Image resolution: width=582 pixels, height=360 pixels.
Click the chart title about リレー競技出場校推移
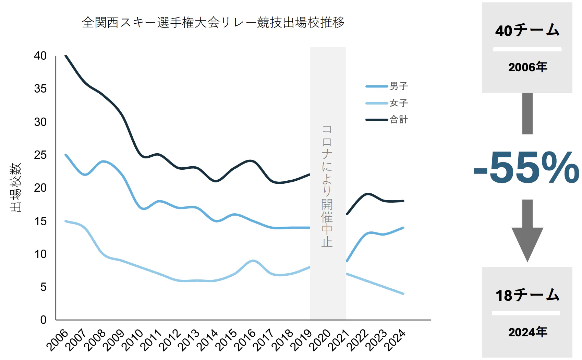tap(213, 23)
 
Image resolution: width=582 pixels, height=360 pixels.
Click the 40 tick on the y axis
tap(40, 56)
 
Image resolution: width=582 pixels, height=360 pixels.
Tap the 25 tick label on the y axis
tap(40, 155)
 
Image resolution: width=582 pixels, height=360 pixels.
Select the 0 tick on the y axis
tap(43, 320)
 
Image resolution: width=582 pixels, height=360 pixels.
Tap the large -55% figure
tap(526, 168)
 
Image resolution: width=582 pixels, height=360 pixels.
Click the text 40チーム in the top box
tap(527, 31)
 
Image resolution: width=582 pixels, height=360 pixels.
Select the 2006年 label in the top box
tap(528, 67)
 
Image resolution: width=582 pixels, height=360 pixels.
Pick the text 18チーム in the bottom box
tap(527, 295)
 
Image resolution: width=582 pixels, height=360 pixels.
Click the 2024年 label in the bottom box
tap(528, 332)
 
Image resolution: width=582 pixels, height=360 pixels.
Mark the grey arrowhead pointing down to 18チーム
tap(527, 244)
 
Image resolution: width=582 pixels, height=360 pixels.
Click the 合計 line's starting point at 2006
tap(65, 56)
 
